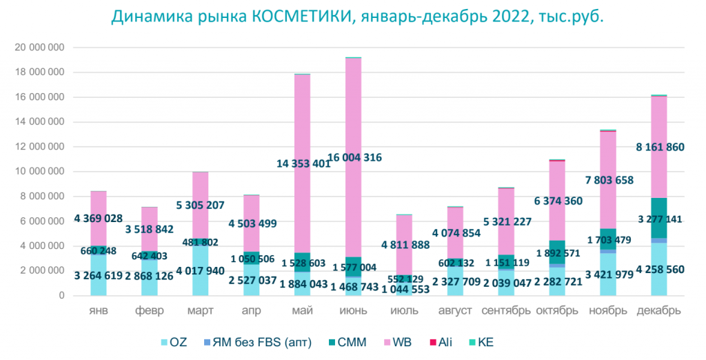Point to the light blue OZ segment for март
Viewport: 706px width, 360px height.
pos(194,276)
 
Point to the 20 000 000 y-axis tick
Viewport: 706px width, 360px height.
pos(40,48)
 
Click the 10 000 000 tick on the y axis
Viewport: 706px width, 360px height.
pos(40,172)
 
